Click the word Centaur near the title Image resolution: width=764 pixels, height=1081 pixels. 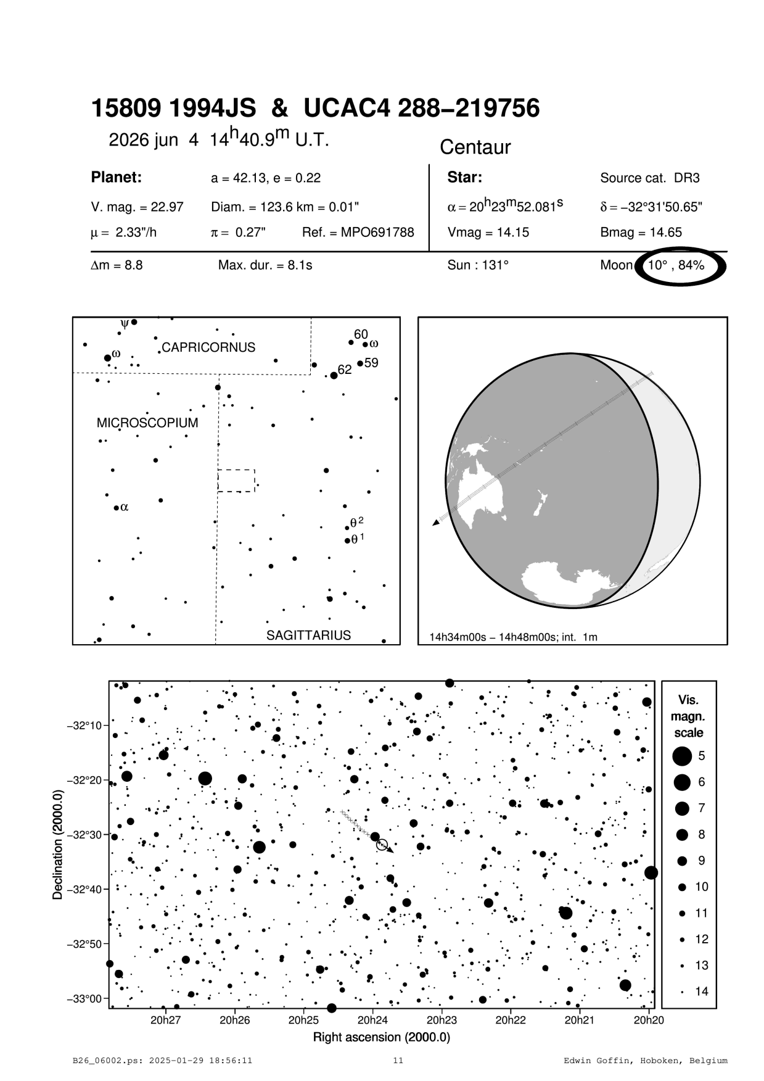[475, 147]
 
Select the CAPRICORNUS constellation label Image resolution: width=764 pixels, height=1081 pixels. [208, 347]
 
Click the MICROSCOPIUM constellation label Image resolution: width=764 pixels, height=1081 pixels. [147, 423]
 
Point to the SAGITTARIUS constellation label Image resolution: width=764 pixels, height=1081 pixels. [308, 635]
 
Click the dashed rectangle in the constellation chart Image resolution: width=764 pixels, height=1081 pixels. [236, 481]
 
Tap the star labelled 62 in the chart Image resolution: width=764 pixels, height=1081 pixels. [334, 375]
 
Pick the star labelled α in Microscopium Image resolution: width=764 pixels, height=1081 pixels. [116, 508]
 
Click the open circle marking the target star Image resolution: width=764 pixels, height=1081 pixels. [382, 845]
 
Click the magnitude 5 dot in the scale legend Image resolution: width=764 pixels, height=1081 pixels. [682, 756]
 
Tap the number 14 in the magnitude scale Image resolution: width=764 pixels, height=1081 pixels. [702, 992]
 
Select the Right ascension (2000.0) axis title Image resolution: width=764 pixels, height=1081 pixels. [381, 1037]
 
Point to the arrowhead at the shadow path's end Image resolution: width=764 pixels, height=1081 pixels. [436, 523]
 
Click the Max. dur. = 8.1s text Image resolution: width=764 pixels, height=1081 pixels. [265, 265]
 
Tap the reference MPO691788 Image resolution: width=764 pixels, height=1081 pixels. [358, 233]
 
